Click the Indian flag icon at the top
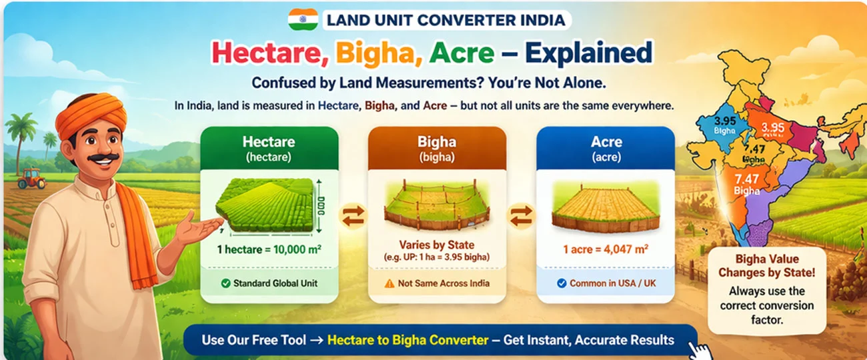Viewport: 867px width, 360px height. [302, 19]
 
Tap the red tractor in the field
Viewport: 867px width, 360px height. [31, 178]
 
